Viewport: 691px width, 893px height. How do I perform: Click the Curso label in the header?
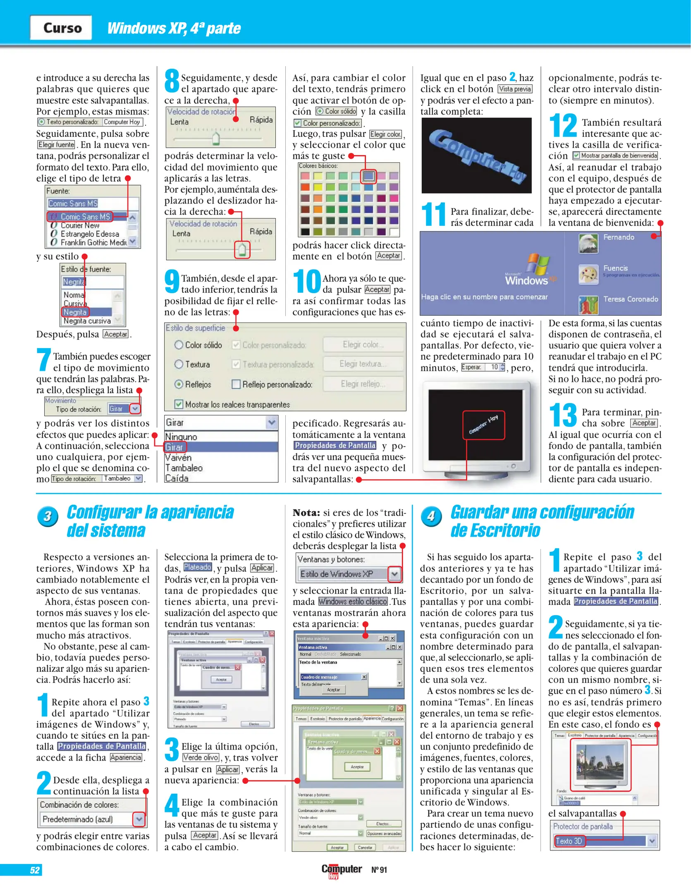point(62,28)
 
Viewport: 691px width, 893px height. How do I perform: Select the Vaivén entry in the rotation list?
point(178,458)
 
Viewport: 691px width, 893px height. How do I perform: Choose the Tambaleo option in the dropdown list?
point(184,468)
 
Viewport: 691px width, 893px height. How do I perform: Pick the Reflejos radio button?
point(179,384)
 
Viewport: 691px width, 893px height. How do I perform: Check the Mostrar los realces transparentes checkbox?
point(179,404)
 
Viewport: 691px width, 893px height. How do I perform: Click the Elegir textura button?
point(363,364)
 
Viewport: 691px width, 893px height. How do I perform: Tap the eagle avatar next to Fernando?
point(588,243)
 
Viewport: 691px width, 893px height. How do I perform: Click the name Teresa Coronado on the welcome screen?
point(630,299)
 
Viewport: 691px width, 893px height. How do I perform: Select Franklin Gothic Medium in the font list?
point(93,242)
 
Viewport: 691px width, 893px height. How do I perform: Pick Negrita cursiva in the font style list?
point(87,321)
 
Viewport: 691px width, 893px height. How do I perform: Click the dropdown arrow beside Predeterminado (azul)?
point(139,819)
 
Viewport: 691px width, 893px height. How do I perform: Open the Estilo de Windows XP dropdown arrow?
point(395,574)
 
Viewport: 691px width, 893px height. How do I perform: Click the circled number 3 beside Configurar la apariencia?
point(48,516)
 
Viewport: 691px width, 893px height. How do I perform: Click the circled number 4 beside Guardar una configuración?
point(431,516)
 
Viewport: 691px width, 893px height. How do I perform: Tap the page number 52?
point(35,870)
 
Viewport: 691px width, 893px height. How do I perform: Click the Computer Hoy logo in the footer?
point(341,870)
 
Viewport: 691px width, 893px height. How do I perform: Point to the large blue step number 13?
point(563,415)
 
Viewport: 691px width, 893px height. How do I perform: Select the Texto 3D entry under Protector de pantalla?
point(569,841)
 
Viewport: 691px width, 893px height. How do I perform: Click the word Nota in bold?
point(306,513)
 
